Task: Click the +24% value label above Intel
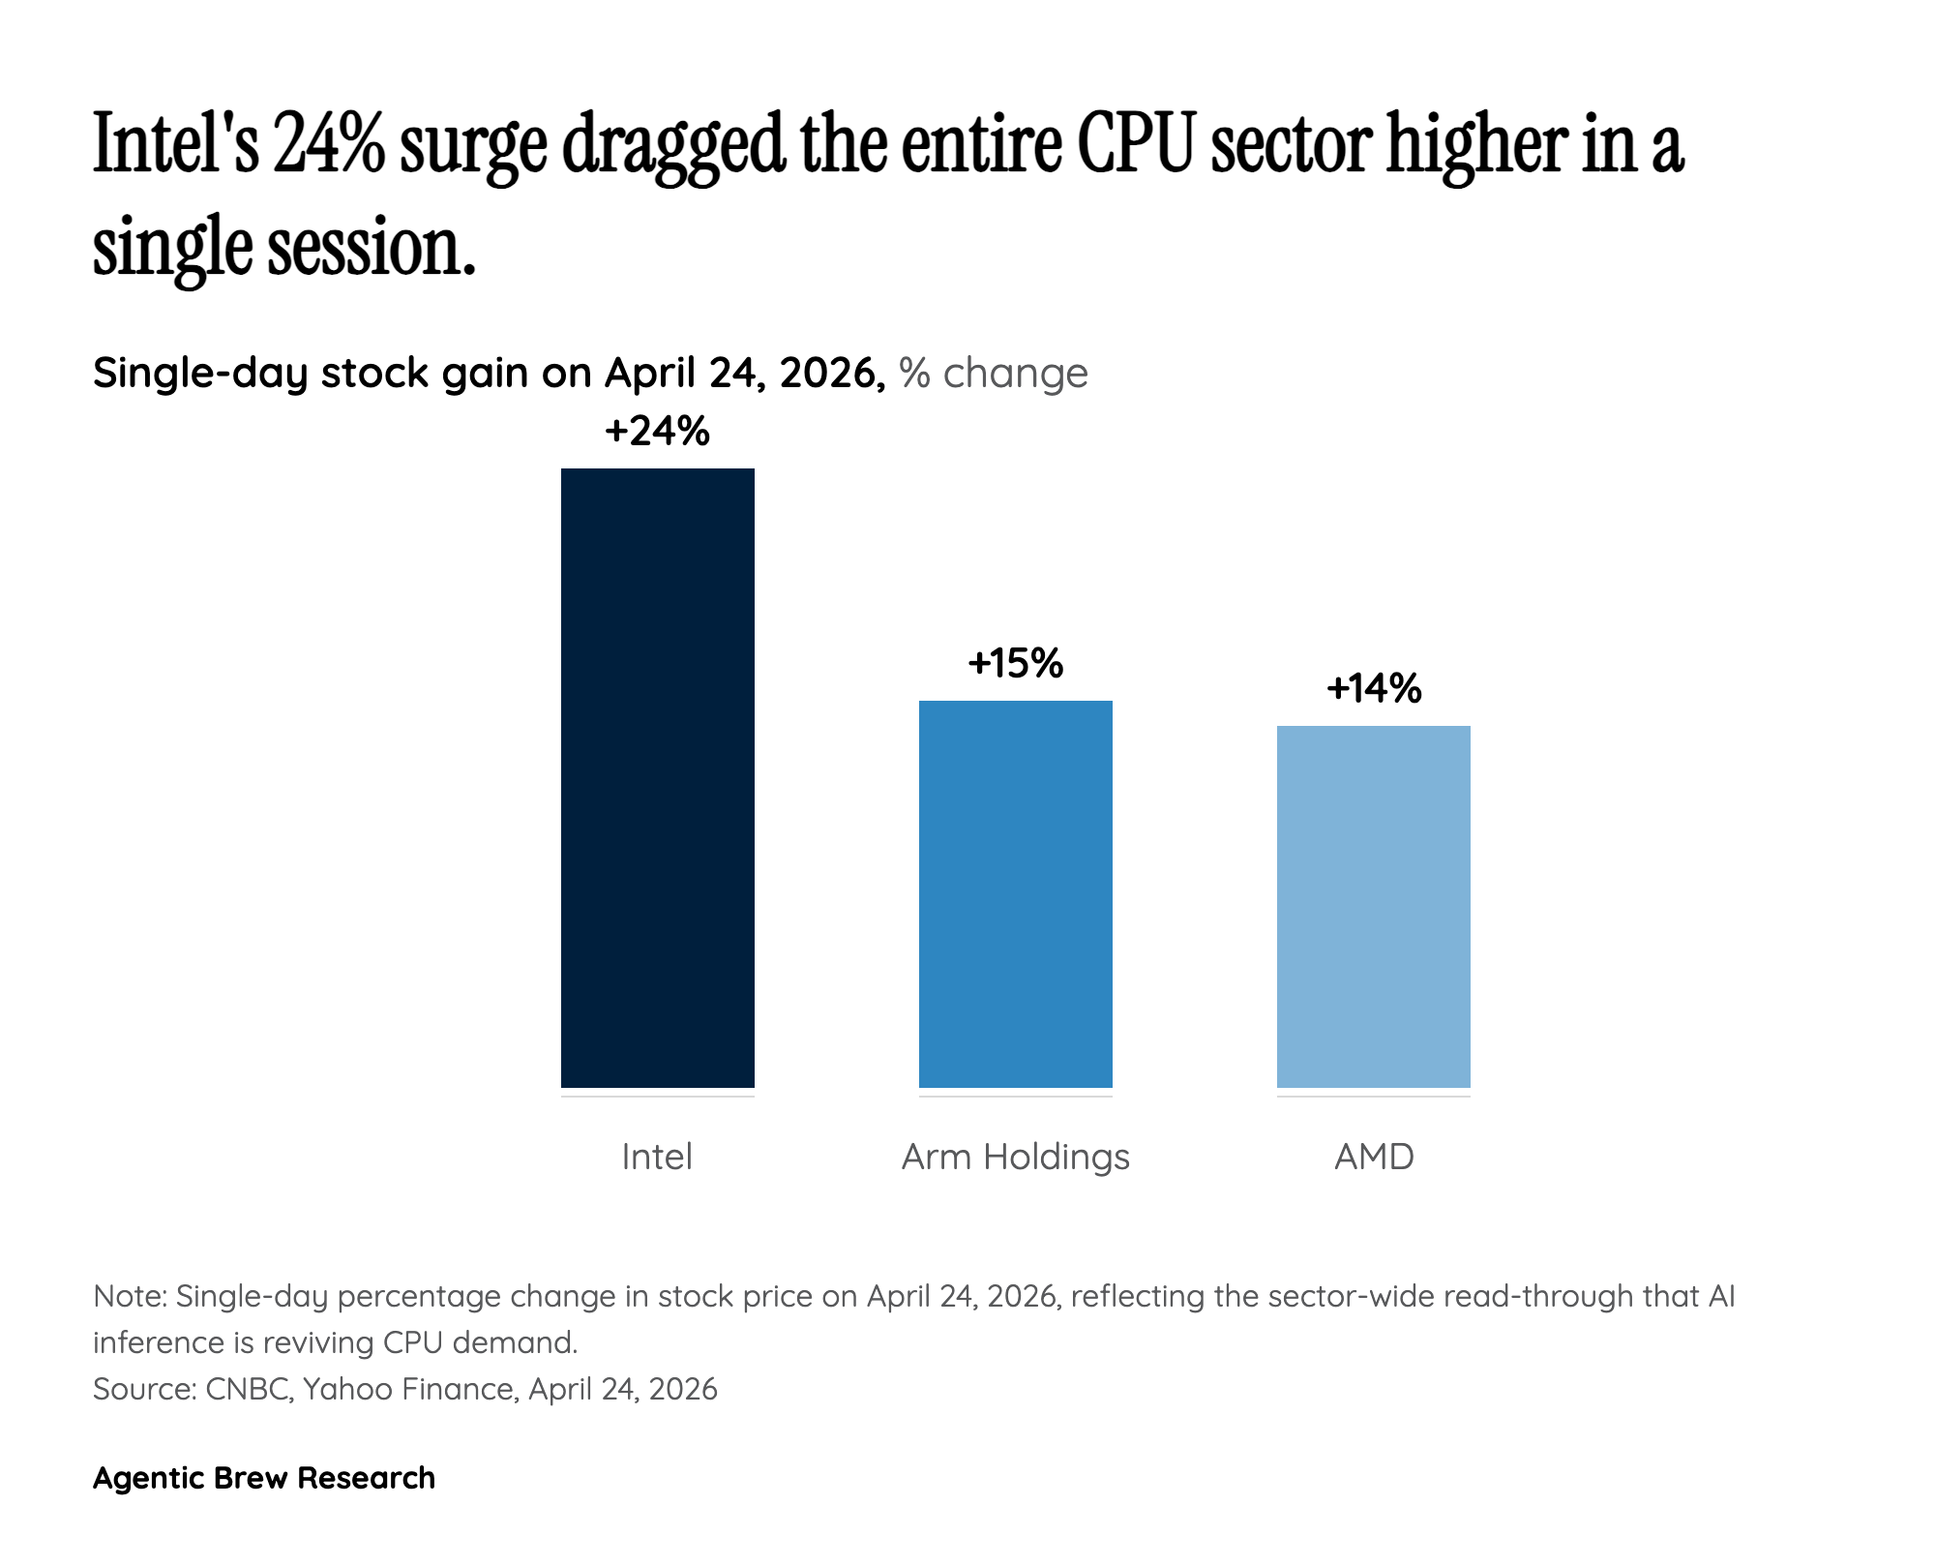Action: click(x=657, y=432)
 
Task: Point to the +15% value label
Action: click(x=1015, y=664)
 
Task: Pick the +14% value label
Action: click(x=1373, y=689)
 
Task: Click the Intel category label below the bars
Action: click(x=657, y=1157)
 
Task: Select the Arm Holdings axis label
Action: click(x=1015, y=1157)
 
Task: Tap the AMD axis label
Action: click(x=1373, y=1157)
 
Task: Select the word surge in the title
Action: click(x=472, y=150)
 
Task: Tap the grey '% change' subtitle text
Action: click(x=993, y=373)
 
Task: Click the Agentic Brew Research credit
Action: click(x=264, y=1478)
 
